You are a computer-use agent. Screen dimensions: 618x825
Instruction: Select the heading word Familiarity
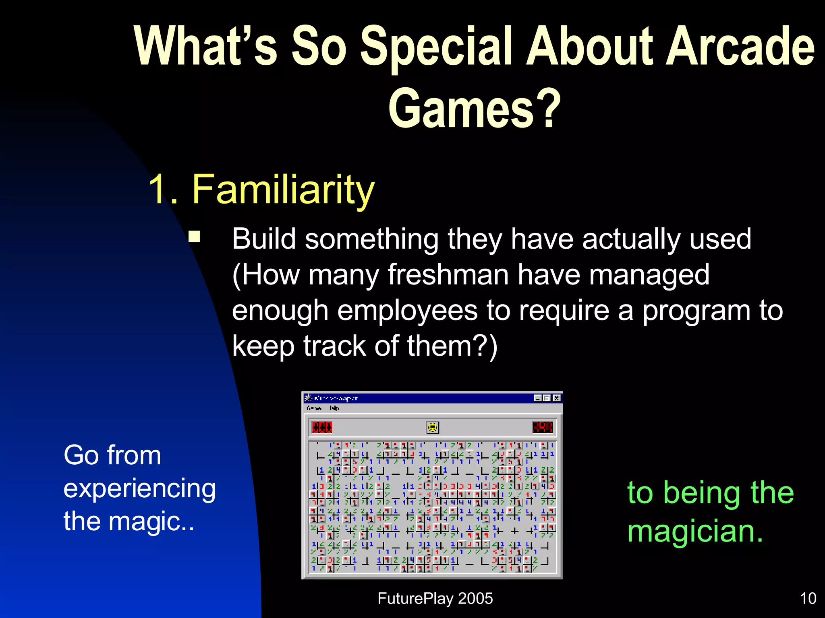pos(283,189)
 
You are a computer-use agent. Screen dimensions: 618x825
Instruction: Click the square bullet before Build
pos(195,236)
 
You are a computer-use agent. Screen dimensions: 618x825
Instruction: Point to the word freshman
pos(448,275)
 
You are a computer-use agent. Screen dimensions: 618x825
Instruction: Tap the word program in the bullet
pos(696,311)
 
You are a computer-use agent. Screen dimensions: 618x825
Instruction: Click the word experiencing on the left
pos(139,489)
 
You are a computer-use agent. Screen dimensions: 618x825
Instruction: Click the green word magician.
pos(695,531)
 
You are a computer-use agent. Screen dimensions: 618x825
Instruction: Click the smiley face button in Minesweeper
pos(432,427)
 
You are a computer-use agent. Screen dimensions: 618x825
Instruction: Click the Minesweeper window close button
pos(556,398)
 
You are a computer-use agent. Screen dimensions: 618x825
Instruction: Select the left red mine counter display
pos(322,427)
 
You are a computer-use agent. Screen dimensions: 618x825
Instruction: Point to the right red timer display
pos(542,427)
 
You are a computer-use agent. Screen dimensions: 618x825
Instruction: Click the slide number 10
pos(808,599)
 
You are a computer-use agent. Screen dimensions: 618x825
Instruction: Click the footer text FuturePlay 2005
pos(435,599)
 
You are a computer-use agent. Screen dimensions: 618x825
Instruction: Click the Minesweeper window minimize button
pos(538,398)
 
